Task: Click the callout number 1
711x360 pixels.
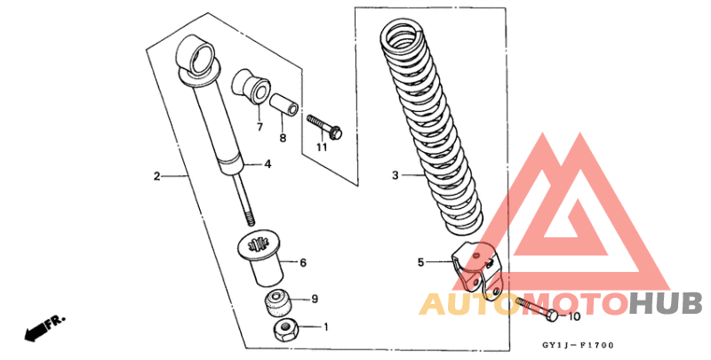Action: click(325, 327)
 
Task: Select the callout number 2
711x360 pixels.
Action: click(156, 177)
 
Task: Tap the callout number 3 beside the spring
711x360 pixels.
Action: click(395, 176)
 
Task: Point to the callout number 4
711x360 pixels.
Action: click(267, 164)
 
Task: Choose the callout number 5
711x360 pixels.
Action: click(421, 262)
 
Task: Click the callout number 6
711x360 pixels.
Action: click(303, 263)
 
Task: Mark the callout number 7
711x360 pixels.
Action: click(260, 127)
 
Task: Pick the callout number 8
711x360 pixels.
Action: click(283, 138)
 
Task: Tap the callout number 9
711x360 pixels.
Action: click(315, 299)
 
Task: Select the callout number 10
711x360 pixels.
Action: click(573, 316)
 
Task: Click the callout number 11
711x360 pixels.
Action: click(321, 147)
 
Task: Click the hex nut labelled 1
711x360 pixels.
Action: click(285, 332)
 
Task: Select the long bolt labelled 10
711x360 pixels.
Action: click(533, 310)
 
